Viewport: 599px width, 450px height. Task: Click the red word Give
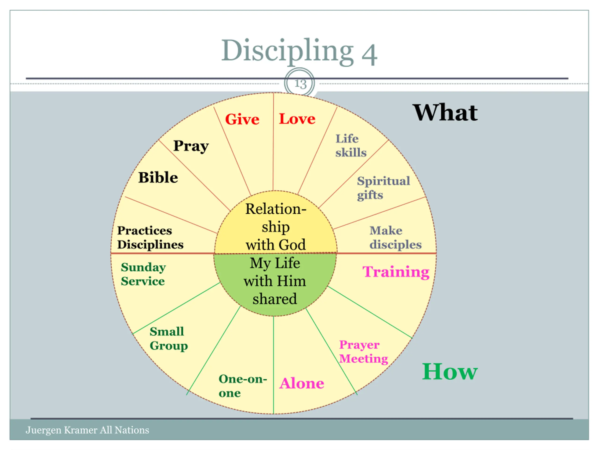242,119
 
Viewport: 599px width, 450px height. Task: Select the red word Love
297,119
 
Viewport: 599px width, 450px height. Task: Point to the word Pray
191,146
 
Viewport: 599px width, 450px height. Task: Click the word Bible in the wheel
158,178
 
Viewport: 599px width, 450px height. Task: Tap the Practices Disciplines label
150,238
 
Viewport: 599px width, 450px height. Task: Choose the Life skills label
351,146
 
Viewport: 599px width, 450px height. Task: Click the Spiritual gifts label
383,188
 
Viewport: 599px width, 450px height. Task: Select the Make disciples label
395,238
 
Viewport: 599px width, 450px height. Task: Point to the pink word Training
396,272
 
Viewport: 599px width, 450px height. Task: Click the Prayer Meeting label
363,352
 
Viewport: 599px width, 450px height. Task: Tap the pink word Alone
302,383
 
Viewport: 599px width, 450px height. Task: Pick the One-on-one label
243,386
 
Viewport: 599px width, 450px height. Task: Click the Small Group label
168,338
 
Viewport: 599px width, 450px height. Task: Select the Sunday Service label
143,274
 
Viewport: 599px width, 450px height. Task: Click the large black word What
445,113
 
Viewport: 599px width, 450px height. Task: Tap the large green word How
449,372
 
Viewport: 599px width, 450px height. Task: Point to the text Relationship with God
276,227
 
